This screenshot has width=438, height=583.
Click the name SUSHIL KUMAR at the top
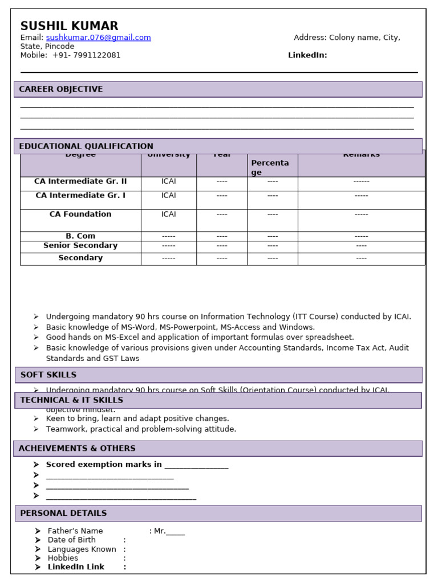pyautogui.click(x=69, y=26)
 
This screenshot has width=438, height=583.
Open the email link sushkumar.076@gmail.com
pyautogui.click(x=98, y=38)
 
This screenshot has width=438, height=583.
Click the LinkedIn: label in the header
pyautogui.click(x=307, y=55)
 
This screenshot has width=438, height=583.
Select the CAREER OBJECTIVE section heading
pyautogui.click(x=61, y=89)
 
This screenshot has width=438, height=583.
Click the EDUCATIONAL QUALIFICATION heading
pyautogui.click(x=86, y=146)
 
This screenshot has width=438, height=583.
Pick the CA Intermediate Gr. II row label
pyautogui.click(x=80, y=182)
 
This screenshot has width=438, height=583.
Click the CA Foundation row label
pyautogui.click(x=80, y=215)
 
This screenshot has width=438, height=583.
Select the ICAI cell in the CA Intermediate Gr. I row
pyautogui.click(x=169, y=196)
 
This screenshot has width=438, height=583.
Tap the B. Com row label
pyautogui.click(x=80, y=236)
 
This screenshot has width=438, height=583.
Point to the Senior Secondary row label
pyautogui.click(x=80, y=246)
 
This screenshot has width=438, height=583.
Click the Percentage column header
pyautogui.click(x=270, y=167)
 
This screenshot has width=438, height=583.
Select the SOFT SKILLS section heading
pyautogui.click(x=48, y=375)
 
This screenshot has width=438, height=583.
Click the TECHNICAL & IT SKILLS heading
pyautogui.click(x=71, y=400)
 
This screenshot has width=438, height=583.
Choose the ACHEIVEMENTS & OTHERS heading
pyautogui.click(x=77, y=449)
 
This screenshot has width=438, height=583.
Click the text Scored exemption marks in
pyautogui.click(x=104, y=465)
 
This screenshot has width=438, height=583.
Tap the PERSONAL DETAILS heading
pyautogui.click(x=63, y=514)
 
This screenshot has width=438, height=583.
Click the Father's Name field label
pyautogui.click(x=75, y=531)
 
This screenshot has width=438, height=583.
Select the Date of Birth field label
pyautogui.click(x=72, y=540)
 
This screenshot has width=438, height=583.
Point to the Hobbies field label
pyautogui.click(x=63, y=559)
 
